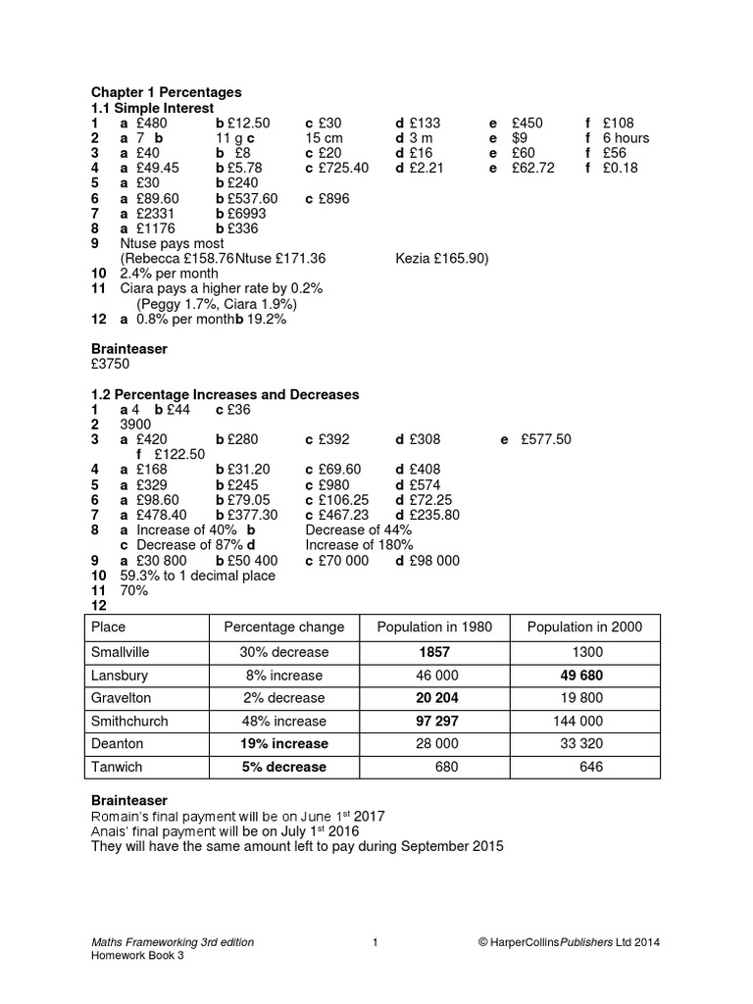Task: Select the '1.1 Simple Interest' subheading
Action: click(152, 108)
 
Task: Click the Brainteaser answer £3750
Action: click(110, 364)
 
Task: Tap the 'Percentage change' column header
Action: click(284, 627)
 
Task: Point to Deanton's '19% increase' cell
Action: click(284, 744)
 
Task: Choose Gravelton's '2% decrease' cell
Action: click(284, 697)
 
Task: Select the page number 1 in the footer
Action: click(376, 942)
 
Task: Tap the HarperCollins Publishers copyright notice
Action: click(569, 942)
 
